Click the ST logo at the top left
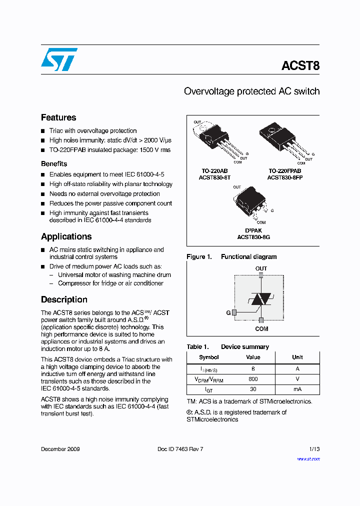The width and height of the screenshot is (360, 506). [59, 59]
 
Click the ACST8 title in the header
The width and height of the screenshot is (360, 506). [300, 66]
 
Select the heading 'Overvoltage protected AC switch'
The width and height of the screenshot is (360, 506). [251, 91]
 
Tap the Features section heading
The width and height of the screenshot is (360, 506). [58, 117]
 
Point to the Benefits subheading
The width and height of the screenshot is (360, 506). [54, 163]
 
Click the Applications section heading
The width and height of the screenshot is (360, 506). [66, 236]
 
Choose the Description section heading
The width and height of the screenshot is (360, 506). [64, 299]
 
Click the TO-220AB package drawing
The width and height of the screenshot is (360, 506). [215, 139]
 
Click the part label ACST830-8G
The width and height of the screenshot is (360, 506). [253, 237]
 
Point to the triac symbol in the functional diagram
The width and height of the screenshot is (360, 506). [260, 299]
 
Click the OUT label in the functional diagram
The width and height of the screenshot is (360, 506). [261, 268]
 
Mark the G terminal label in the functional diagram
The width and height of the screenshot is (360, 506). [228, 312]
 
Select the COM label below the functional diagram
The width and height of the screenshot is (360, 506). [261, 328]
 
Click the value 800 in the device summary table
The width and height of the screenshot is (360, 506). [253, 379]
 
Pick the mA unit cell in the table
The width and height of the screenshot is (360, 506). [297, 389]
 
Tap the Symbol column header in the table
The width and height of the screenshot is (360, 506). [209, 357]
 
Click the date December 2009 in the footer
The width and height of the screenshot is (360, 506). [60, 449]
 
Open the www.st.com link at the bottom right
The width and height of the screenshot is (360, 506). [308, 458]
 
